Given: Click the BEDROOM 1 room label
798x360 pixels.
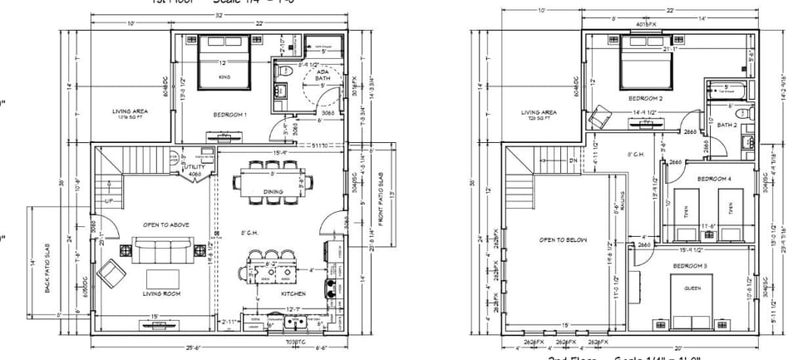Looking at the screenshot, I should pyautogui.click(x=230, y=114).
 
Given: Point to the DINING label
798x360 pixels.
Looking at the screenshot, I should pyautogui.click(x=273, y=192).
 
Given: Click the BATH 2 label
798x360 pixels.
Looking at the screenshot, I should pyautogui.click(x=728, y=126).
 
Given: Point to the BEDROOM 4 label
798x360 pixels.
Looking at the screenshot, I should pyautogui.click(x=714, y=179).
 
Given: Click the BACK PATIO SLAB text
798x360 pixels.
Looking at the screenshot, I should pyautogui.click(x=47, y=262).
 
